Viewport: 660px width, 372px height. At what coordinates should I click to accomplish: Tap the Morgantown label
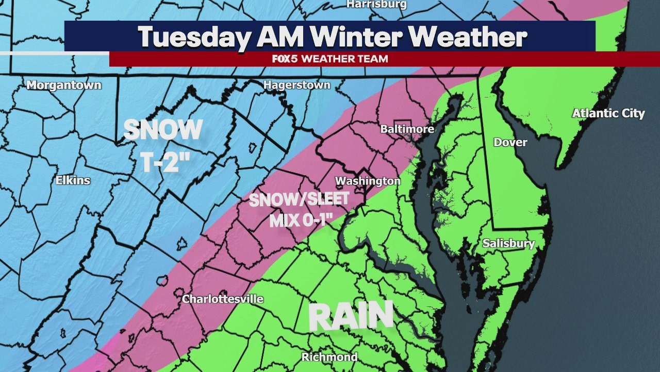tap(64, 85)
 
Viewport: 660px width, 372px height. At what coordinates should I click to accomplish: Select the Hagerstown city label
tap(297, 85)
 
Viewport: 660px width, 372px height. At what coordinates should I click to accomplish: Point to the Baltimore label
tap(407, 129)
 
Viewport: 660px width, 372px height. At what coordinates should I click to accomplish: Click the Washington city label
tap(368, 181)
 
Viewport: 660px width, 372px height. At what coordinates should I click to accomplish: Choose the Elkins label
tap(73, 180)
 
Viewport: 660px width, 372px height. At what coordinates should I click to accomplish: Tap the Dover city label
tap(510, 142)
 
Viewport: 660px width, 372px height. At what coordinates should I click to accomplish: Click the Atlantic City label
tap(608, 113)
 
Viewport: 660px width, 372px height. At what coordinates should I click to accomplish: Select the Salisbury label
tap(508, 243)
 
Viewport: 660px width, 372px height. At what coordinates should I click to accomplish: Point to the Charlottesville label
tap(223, 299)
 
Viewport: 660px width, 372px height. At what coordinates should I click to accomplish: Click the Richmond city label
tap(329, 357)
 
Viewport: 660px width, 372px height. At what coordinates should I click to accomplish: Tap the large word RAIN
tap(351, 316)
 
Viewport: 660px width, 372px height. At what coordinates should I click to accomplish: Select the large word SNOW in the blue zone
tap(163, 130)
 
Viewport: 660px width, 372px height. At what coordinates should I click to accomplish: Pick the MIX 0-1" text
tap(300, 221)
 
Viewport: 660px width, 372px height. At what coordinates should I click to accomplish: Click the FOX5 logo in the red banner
tap(285, 59)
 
